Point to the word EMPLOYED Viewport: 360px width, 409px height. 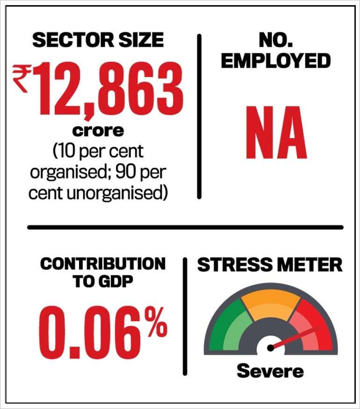(276, 61)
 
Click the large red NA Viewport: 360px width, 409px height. (276, 133)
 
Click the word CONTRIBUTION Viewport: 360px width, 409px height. (103, 264)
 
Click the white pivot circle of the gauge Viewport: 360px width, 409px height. (270, 348)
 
